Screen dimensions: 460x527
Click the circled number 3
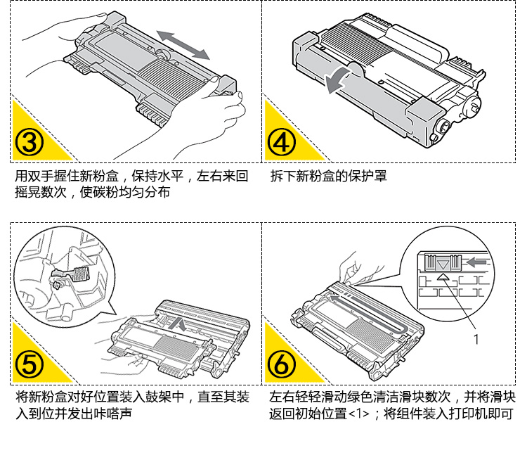click(30, 141)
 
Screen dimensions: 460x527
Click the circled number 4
click(281, 141)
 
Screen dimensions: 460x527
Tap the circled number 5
click(30, 364)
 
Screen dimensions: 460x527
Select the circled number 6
click(281, 364)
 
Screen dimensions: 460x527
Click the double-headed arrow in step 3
click(183, 44)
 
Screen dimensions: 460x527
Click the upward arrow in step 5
click(181, 326)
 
